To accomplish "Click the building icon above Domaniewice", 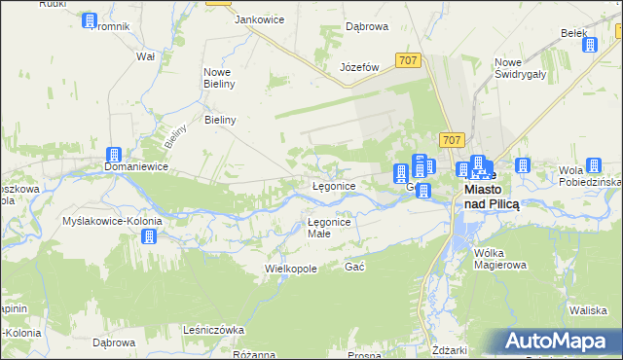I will click(113, 154).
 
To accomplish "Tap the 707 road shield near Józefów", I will click(409, 60).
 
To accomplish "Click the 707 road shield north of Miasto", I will click(451, 140).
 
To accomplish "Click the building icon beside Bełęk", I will click(591, 44).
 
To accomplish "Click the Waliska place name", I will click(589, 309).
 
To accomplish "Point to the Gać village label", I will click(354, 267).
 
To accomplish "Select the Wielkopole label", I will click(291, 268).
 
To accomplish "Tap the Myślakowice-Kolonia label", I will click(112, 221).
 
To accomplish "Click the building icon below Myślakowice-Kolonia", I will click(149, 235).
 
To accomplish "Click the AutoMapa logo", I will click(561, 341).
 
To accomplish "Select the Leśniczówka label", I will click(213, 330).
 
